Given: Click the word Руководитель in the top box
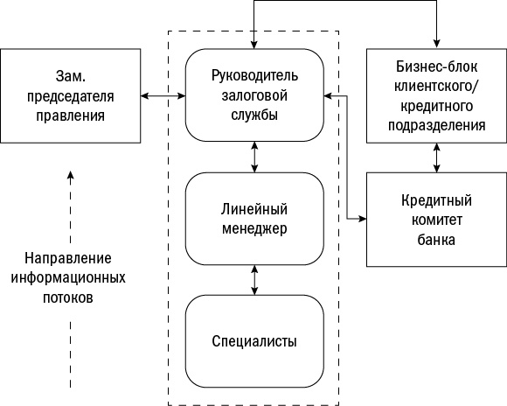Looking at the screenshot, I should click(254, 73).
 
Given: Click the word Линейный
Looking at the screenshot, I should click(254, 210).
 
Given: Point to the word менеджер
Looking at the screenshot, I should click(254, 228).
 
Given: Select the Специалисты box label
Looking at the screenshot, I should click(254, 340).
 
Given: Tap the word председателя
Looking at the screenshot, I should click(71, 94).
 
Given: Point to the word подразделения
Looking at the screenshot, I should click(435, 125).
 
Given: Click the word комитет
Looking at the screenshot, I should click(435, 220).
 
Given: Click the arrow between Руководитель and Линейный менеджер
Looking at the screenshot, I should click(254, 157).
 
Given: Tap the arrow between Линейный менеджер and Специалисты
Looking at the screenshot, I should click(254, 279).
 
